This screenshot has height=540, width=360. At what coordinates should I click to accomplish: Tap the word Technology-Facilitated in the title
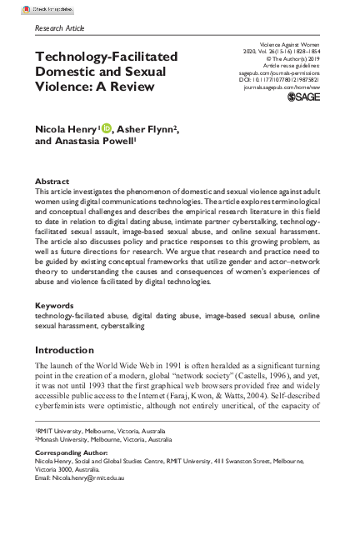tap(106, 57)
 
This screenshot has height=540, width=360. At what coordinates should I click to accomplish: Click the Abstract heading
tap(52, 181)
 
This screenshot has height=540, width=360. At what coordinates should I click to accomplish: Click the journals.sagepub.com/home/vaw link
tap(282, 87)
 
